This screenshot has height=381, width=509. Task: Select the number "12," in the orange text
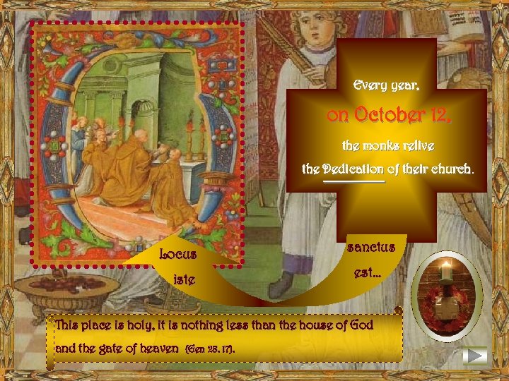click(437, 116)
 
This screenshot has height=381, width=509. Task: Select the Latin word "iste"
click(185, 280)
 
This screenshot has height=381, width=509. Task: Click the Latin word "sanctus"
click(371, 248)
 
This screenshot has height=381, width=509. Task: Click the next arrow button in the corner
click(476, 356)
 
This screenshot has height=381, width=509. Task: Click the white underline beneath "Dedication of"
click(353, 182)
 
